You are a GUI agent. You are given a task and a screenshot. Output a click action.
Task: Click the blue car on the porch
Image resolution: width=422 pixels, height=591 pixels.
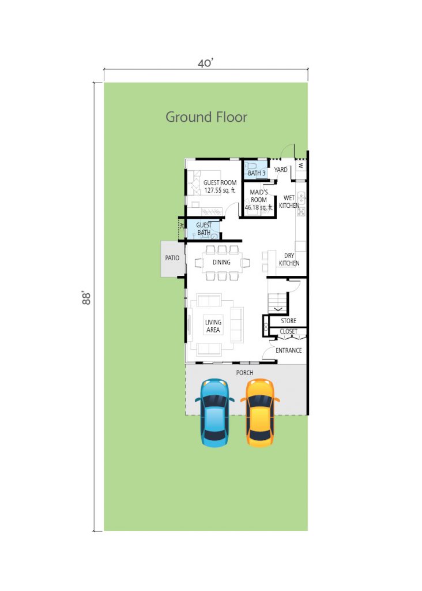pyautogui.click(x=214, y=412)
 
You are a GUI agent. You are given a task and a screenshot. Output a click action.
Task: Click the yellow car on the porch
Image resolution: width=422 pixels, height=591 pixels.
pyautogui.click(x=260, y=412)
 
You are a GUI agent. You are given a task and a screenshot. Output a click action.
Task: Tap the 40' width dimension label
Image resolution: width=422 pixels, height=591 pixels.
pyautogui.click(x=206, y=63)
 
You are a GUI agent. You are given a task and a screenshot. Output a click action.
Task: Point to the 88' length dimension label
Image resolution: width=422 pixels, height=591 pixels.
pyautogui.click(x=86, y=298)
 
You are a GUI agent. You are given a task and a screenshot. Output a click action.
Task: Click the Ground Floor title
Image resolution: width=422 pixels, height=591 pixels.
pyautogui.click(x=206, y=117)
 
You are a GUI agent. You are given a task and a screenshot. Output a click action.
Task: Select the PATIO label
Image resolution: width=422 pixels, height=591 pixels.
pyautogui.click(x=172, y=258)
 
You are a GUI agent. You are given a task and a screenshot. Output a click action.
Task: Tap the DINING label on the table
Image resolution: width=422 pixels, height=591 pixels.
pyautogui.click(x=221, y=263)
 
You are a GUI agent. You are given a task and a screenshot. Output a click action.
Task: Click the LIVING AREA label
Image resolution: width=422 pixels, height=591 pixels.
pyautogui.click(x=213, y=326)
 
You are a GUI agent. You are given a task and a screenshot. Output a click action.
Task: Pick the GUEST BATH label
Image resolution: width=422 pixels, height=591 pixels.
pyautogui.click(x=204, y=229)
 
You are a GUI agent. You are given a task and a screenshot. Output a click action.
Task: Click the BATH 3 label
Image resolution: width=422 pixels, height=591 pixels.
pyautogui.click(x=257, y=173)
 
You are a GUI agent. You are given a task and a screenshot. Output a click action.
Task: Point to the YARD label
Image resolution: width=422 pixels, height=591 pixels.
pyautogui.click(x=280, y=170)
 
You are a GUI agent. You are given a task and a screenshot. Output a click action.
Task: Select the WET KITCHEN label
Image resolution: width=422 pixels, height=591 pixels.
pyautogui.click(x=289, y=201)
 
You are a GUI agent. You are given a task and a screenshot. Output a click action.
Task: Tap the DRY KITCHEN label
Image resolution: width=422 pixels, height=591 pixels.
pyautogui.click(x=289, y=259)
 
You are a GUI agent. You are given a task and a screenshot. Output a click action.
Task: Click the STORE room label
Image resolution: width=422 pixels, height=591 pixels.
pyautogui.click(x=288, y=321)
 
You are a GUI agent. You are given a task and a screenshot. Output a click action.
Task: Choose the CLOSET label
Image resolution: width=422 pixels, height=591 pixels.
pyautogui.click(x=288, y=331)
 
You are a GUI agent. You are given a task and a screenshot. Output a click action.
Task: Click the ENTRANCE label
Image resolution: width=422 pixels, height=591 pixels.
pyautogui.click(x=288, y=350)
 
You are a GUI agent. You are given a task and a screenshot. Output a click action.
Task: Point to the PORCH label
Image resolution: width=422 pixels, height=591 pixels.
pyautogui.click(x=244, y=373)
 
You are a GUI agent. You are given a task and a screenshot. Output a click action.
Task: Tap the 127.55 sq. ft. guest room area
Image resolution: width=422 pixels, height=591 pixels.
pyautogui.click(x=220, y=190)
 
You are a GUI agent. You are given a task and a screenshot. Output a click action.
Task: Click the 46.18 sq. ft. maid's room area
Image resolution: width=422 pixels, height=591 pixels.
pyautogui.click(x=259, y=207)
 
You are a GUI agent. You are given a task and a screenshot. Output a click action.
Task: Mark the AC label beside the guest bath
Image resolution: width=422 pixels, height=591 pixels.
pyautogui.click(x=182, y=226)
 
